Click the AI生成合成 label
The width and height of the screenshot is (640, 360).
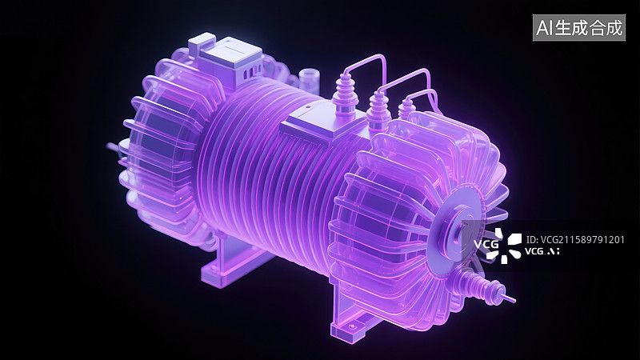578,28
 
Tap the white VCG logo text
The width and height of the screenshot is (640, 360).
486,244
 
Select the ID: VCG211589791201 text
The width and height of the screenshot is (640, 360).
575,239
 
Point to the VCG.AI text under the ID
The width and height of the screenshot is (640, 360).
542,251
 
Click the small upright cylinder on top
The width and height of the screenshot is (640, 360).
308,80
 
